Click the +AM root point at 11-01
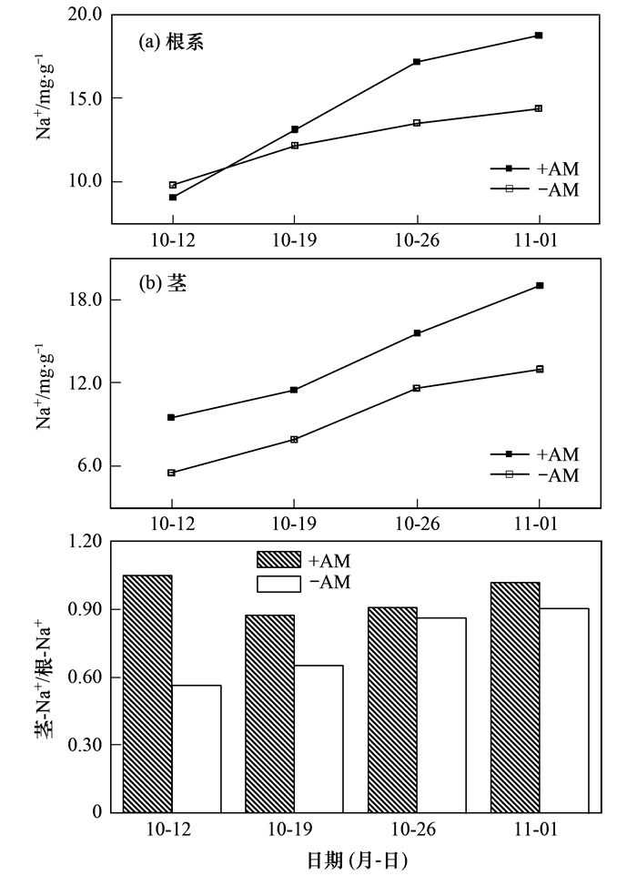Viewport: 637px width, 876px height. tap(539, 36)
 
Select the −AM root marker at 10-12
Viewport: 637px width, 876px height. tap(172, 185)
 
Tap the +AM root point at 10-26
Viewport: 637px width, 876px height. tap(417, 62)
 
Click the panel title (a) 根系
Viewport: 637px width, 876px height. tap(170, 42)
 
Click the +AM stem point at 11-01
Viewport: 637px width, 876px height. tap(539, 286)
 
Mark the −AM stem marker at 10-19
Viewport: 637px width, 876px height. tap(294, 440)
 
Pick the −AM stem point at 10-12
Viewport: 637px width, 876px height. tap(172, 473)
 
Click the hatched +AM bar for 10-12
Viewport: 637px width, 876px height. tap(147, 693)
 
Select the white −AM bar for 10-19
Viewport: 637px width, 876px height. tap(318, 738)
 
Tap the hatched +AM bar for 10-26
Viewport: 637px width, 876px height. tap(392, 709)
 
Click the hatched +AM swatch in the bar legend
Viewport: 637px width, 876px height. tap(282, 559)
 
